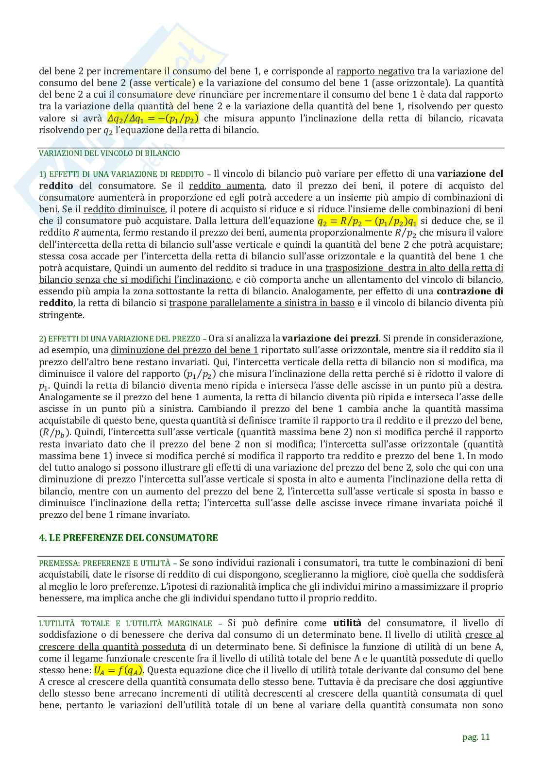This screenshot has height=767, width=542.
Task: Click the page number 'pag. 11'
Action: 476,737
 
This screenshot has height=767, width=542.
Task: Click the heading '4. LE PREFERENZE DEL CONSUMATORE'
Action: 128,538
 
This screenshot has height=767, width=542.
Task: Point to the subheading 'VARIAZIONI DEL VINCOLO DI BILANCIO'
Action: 109,153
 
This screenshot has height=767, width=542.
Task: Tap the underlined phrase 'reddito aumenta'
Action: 226,186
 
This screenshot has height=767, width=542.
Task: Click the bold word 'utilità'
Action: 348,623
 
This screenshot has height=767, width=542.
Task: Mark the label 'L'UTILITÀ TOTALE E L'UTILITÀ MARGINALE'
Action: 125,624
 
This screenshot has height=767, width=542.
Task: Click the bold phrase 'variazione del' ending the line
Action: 470,174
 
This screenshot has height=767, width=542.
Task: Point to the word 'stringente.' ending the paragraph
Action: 61,315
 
